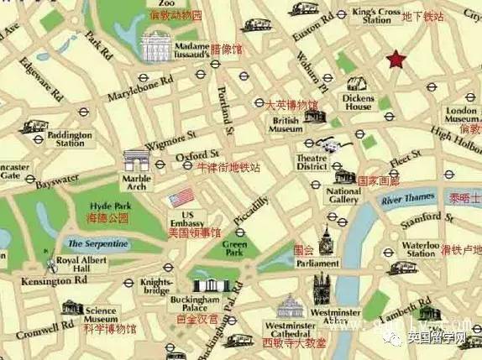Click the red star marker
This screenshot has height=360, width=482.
coord(396,60)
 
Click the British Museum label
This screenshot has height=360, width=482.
coord(286,124)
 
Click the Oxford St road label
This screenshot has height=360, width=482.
coord(197,155)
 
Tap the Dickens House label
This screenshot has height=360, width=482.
coord(359,102)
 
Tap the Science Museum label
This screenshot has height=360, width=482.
coord(100,315)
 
